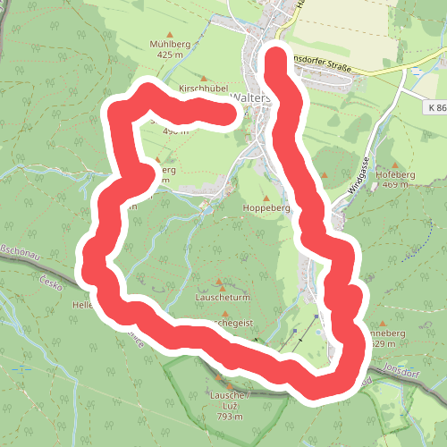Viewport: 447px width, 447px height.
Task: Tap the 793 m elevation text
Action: [229, 417]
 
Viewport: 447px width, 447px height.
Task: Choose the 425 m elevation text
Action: [174, 54]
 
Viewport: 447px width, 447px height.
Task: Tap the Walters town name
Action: [247, 97]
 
